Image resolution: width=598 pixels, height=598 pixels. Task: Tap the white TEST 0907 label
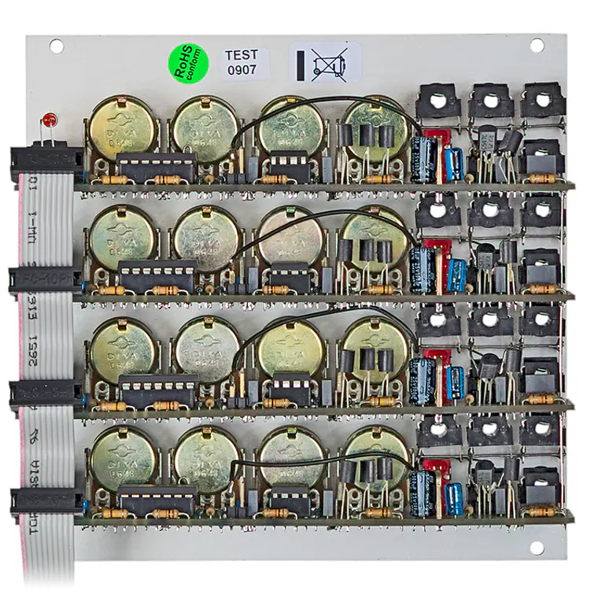tap(242, 63)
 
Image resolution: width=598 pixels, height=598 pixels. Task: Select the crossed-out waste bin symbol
tap(323, 64)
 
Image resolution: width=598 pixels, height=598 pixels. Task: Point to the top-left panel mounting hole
tap(56, 46)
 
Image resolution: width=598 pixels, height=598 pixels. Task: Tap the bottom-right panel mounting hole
tap(537, 547)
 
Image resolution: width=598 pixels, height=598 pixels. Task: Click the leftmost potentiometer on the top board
tap(122, 129)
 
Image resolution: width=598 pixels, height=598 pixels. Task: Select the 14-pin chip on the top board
tap(156, 167)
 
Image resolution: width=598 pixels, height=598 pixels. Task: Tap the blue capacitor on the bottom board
tap(454, 499)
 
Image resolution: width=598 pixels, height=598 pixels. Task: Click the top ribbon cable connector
tap(46, 161)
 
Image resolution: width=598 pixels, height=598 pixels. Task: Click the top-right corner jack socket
tap(541, 101)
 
